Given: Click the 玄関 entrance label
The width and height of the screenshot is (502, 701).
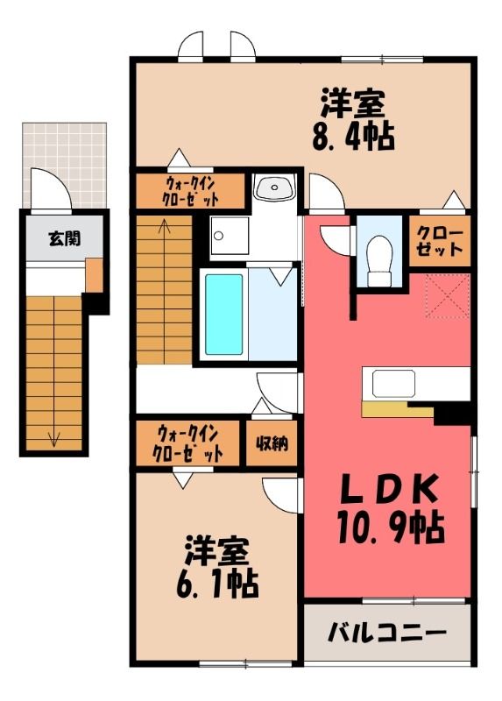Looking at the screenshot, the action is (64, 239).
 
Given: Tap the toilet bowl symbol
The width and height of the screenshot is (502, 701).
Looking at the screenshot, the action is (378, 261).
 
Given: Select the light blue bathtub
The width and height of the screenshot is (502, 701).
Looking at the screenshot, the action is (224, 314).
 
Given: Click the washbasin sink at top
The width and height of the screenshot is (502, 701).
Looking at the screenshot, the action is (273, 188).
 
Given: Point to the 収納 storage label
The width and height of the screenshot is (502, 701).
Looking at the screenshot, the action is (272, 443).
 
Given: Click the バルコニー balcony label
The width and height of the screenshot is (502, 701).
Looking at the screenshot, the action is (386, 633).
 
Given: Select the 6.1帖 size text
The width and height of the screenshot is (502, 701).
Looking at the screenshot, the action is (217, 584).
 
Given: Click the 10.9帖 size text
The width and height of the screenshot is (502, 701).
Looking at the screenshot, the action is (390, 528).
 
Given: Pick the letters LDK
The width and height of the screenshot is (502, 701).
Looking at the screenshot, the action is (389, 490).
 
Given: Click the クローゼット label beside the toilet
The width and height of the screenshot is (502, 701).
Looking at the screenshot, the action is (440, 242).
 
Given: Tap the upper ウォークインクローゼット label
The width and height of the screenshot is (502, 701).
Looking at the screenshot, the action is (191, 191).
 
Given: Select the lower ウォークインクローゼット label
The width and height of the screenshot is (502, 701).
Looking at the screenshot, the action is (187, 444).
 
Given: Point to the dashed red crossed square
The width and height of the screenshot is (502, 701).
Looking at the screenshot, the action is (448, 295).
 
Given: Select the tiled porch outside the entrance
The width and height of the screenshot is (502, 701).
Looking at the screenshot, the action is (65, 166).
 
